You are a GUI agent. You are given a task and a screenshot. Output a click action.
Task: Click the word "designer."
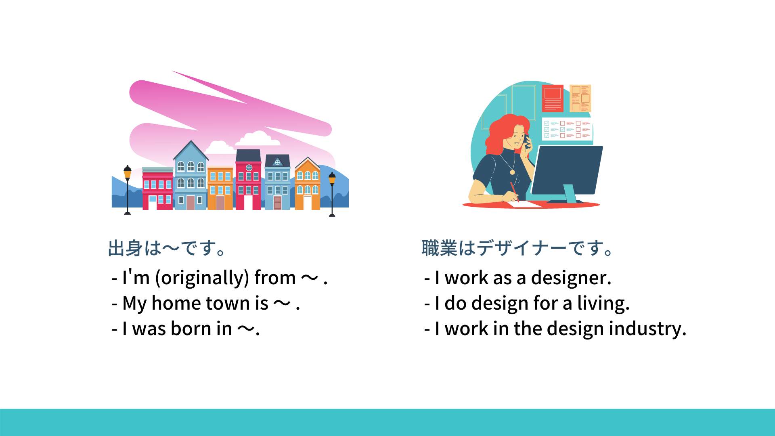pos(571,278)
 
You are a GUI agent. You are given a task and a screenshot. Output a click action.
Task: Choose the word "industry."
pos(647,329)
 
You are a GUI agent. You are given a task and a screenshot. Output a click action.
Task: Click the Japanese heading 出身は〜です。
pos(167,248)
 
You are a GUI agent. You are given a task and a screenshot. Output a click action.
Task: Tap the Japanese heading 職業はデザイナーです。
pos(517,248)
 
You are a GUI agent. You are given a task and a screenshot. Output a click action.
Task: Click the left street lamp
pos(128,190)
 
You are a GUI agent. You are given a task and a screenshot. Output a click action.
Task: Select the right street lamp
pos(332,194)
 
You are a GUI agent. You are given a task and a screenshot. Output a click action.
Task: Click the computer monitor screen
pos(567,170)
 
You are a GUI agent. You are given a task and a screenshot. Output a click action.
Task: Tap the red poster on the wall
pos(553,99)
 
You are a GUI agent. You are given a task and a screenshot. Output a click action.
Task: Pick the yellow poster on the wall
pos(580,98)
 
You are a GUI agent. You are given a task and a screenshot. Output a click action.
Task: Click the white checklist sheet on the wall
pos(567,129)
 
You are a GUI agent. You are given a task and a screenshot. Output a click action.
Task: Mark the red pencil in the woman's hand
pos(514,192)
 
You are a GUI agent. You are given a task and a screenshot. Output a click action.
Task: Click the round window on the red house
pos(249,168)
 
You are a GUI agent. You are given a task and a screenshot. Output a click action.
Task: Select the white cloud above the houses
pos(258,138)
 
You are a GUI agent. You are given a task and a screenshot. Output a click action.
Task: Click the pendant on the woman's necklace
pos(512,172)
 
